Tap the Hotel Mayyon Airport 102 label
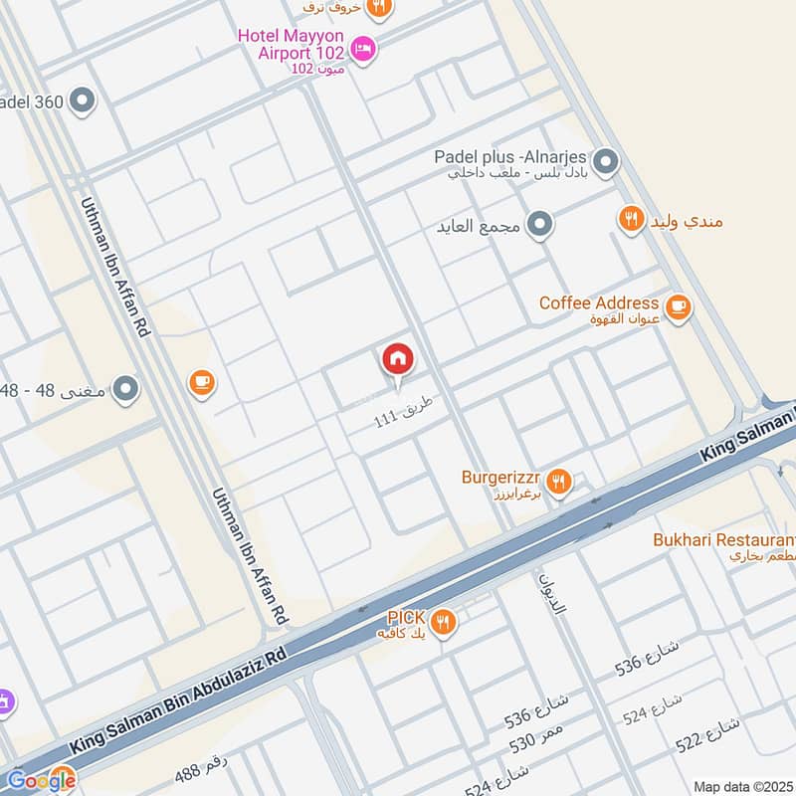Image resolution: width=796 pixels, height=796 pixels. [290, 44]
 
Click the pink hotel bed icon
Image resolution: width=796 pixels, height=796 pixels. [364, 48]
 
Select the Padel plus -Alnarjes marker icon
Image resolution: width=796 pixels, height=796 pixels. [604, 160]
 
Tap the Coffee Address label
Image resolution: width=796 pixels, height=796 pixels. [598, 302]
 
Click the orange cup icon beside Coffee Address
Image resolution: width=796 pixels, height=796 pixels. [679, 307]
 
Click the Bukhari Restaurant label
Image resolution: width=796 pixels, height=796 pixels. [723, 540]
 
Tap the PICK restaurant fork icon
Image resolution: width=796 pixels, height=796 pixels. [444, 623]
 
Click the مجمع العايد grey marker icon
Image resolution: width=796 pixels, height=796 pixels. [540, 226]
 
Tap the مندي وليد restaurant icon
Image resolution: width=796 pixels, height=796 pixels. [631, 219]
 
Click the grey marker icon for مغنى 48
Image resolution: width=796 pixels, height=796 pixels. [125, 389]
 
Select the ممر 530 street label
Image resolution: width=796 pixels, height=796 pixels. [536, 740]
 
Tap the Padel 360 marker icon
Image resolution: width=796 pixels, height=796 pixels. [83, 100]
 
